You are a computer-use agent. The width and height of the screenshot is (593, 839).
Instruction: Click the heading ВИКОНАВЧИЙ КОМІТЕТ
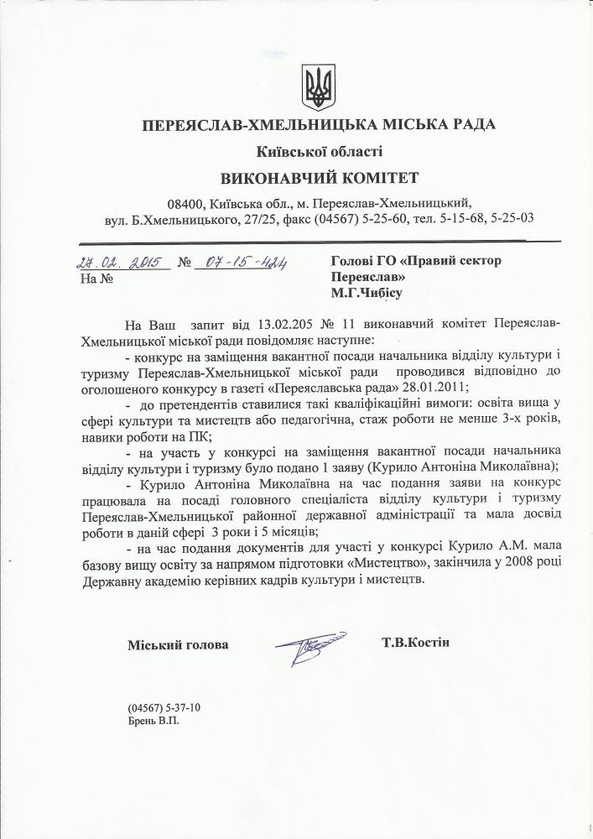coord(318,178)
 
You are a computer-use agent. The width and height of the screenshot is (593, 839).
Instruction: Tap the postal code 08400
coord(184,203)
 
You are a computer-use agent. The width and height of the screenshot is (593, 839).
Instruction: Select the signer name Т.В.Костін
coord(414,643)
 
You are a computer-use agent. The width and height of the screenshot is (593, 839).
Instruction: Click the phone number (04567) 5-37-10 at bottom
coord(164,706)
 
